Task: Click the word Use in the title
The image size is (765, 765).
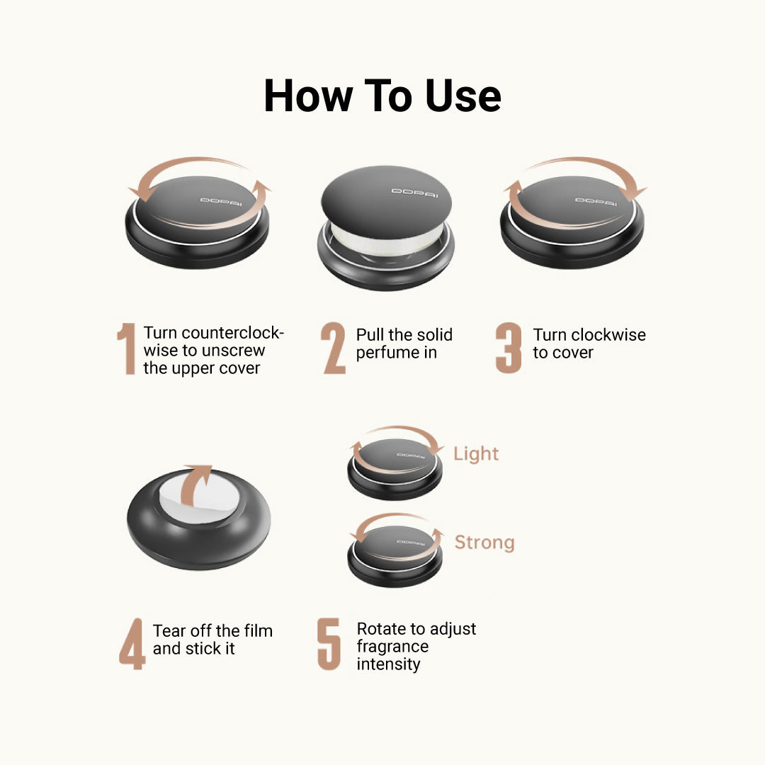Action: pyautogui.click(x=463, y=96)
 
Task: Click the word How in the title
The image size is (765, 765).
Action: pyautogui.click(x=308, y=96)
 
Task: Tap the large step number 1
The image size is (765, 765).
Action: pyautogui.click(x=127, y=348)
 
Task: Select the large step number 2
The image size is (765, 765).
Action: pyautogui.click(x=334, y=348)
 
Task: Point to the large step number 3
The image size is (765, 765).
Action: pyautogui.click(x=509, y=348)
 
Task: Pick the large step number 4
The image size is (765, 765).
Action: pyautogui.click(x=132, y=644)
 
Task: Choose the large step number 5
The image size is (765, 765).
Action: pyautogui.click(x=329, y=644)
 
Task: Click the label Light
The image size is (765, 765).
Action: pyautogui.click(x=476, y=454)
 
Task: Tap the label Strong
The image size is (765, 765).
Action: pyautogui.click(x=484, y=543)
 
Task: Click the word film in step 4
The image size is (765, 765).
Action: pyautogui.click(x=258, y=630)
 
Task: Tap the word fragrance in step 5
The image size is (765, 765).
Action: pyautogui.click(x=392, y=647)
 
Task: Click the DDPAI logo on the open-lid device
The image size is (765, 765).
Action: pyautogui.click(x=414, y=193)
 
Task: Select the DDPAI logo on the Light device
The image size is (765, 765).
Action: pyautogui.click(x=411, y=455)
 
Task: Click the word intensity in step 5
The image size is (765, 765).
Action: pyautogui.click(x=388, y=664)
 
